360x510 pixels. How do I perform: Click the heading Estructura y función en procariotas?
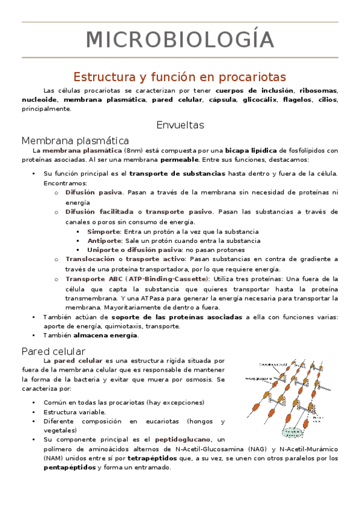pyautogui.click(x=180, y=77)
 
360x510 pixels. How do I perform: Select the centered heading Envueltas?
pyautogui.click(x=180, y=125)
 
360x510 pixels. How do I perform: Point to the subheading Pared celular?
pyautogui.click(x=53, y=351)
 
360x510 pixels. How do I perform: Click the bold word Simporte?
pyautogui.click(x=103, y=231)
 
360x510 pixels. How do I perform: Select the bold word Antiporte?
pyautogui.click(x=105, y=241)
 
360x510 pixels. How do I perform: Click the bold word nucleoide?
pyautogui.click(x=39, y=100)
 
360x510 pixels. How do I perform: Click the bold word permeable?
pyautogui.click(x=180, y=159)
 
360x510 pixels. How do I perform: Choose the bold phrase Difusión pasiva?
pyautogui.click(x=93, y=192)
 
